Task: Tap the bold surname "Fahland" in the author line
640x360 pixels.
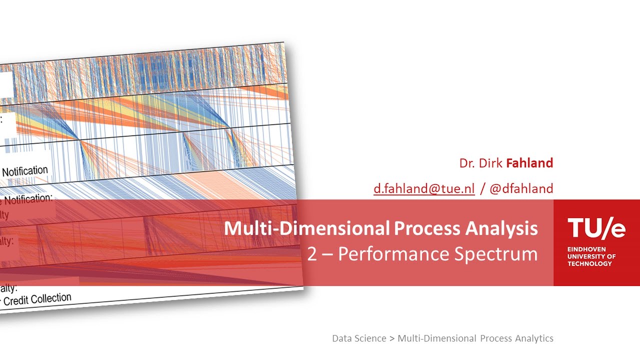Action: (529, 163)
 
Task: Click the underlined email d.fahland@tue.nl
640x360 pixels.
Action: (424, 188)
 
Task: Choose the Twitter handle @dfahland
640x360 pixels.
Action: (521, 188)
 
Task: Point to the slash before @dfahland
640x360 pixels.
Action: (482, 188)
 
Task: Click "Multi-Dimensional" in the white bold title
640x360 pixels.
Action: (306, 228)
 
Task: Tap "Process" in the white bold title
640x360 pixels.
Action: (427, 228)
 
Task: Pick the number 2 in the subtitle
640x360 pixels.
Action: (312, 254)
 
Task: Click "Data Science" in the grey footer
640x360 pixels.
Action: (359, 338)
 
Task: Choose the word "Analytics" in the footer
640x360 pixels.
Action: (531, 338)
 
